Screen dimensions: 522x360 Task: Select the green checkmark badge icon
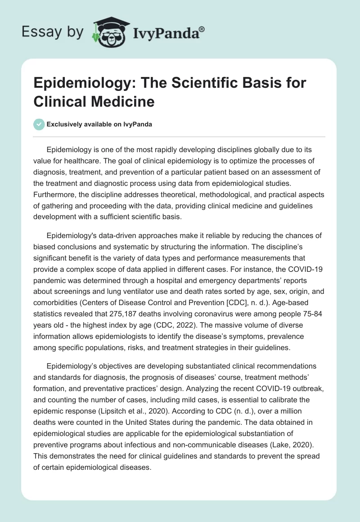[x=39, y=124]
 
